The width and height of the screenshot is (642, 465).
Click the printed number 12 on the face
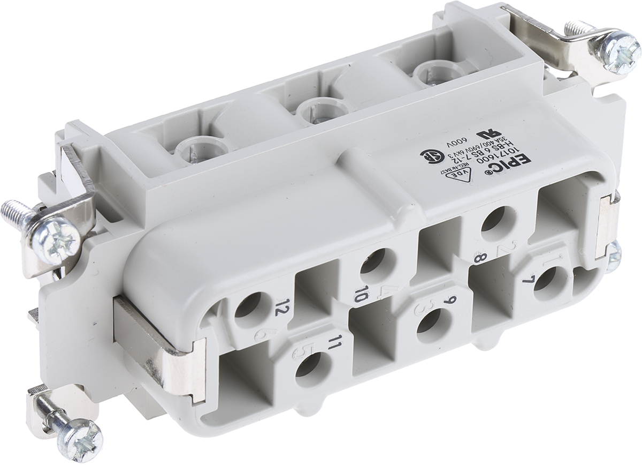tap(280, 308)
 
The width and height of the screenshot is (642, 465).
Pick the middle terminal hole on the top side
tap(313, 110)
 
